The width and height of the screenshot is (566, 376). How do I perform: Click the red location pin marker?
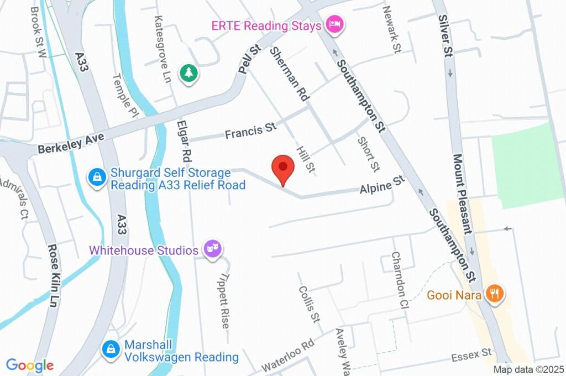pos(283,167)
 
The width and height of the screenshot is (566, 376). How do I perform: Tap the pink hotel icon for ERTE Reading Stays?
pos(334,24)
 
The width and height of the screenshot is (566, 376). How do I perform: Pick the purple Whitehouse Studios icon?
pos(211,249)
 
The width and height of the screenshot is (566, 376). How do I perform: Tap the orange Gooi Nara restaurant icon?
pos(494,294)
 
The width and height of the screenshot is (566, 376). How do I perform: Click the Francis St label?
pos(250,131)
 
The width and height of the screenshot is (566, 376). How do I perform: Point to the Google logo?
pos(30,365)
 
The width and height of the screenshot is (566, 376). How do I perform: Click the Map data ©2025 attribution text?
pos(528,369)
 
